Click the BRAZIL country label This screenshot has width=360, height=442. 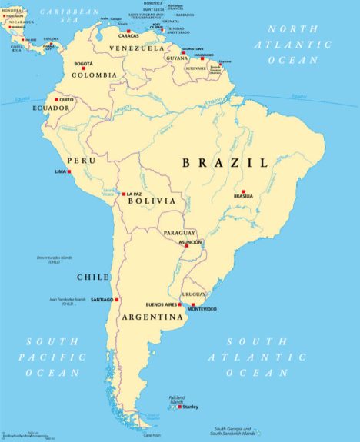pos(225,163)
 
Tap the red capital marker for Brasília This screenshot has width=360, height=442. pos(243,191)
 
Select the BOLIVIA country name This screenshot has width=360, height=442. pos(152,201)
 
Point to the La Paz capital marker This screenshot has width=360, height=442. pos(125,194)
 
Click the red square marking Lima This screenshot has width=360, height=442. pos(69,171)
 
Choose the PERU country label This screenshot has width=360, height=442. pos(82,160)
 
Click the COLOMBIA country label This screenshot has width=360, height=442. pos(94,75)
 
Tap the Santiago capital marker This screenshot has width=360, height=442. pos(117,299)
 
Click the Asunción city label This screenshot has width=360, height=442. pos(190,242)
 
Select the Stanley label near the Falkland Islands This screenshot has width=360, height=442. pos(189,407)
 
